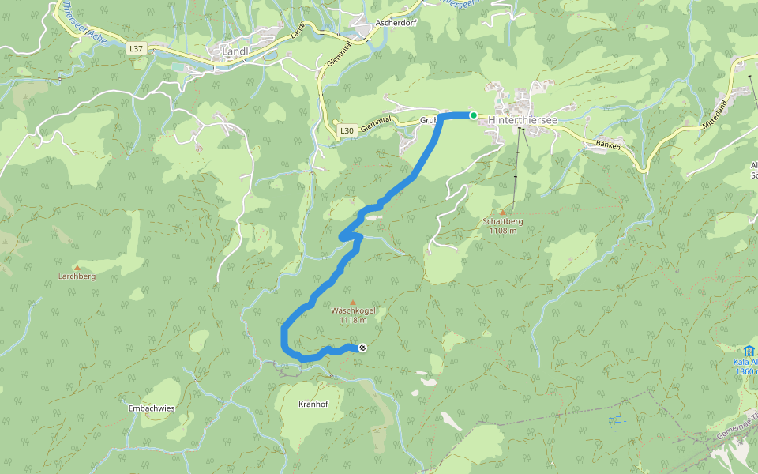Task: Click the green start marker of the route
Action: click(x=474, y=115)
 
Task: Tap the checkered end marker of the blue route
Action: click(x=362, y=348)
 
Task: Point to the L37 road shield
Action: click(x=136, y=48)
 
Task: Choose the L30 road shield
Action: click(x=346, y=130)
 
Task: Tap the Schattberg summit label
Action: click(x=503, y=221)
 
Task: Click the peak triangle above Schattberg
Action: click(x=502, y=212)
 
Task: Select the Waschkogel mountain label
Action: click(x=353, y=310)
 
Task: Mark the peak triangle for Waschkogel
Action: click(x=352, y=301)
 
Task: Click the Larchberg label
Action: click(x=77, y=276)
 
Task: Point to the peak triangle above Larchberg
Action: click(x=77, y=267)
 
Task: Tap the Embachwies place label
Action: click(x=151, y=408)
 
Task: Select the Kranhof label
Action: click(x=313, y=404)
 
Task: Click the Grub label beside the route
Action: click(x=428, y=120)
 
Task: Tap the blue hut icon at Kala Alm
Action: click(x=747, y=350)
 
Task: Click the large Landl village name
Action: click(x=235, y=52)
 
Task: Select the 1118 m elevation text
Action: click(x=353, y=320)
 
